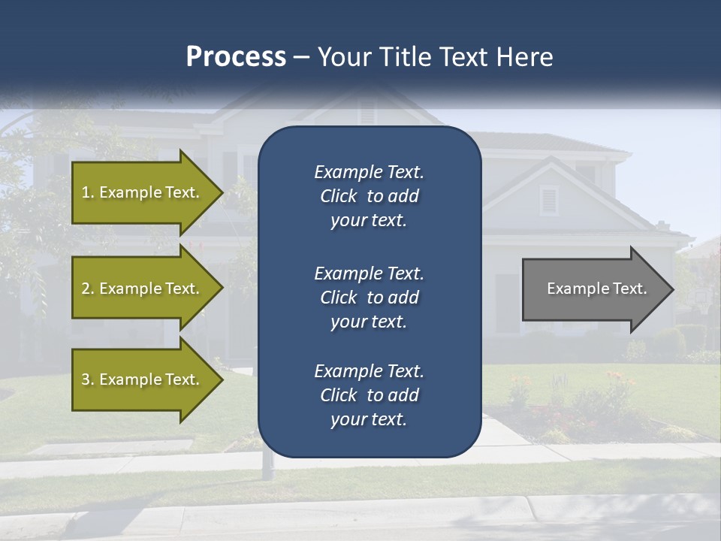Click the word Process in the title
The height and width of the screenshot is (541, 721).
[236, 57]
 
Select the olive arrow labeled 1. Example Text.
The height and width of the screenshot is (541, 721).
[143, 192]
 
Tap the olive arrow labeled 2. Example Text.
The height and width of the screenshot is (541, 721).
[143, 289]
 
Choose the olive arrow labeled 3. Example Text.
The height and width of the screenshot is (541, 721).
[143, 379]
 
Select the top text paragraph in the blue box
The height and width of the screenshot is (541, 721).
[369, 196]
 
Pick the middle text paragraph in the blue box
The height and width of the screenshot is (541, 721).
[369, 297]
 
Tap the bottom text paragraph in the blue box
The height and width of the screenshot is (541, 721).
[369, 395]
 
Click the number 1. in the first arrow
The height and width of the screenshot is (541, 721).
[88, 192]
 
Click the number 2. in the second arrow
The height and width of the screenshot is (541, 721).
[88, 289]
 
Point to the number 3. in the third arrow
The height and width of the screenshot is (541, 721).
[88, 379]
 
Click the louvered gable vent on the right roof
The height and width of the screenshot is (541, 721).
[548, 200]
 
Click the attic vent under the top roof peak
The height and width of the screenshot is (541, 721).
[367, 113]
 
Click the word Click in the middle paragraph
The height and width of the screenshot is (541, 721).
[339, 298]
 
